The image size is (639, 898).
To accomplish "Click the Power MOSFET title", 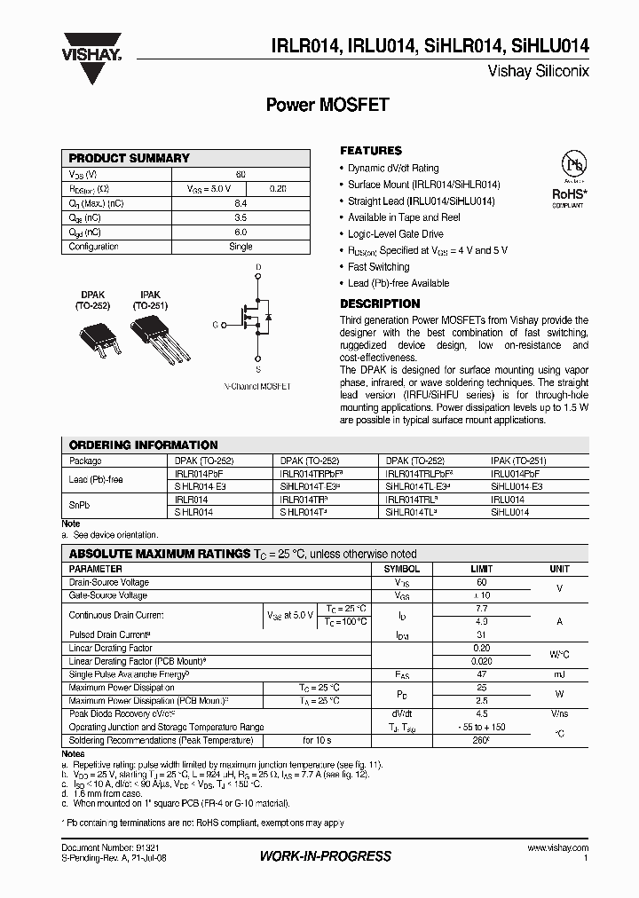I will [327, 105].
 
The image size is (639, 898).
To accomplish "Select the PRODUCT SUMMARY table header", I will [130, 158].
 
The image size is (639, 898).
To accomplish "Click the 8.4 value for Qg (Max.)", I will [241, 203].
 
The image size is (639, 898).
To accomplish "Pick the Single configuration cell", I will [241, 247].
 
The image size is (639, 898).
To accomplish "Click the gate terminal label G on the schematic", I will [215, 325].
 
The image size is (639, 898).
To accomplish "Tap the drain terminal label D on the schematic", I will [258, 266].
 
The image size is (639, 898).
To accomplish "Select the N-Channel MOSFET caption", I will [256, 387].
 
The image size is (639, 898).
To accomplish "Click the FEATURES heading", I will [371, 151].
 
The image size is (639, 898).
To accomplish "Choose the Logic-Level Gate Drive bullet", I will [395, 234].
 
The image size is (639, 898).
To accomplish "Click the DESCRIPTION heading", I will [380, 303].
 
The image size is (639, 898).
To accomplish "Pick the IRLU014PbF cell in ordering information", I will [516, 475].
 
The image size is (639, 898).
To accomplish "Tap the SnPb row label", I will [79, 505].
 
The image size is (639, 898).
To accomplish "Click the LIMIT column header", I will [482, 569].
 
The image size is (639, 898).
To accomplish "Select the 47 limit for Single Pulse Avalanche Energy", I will [482, 675].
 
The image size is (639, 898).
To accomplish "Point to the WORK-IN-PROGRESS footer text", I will [325, 856].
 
